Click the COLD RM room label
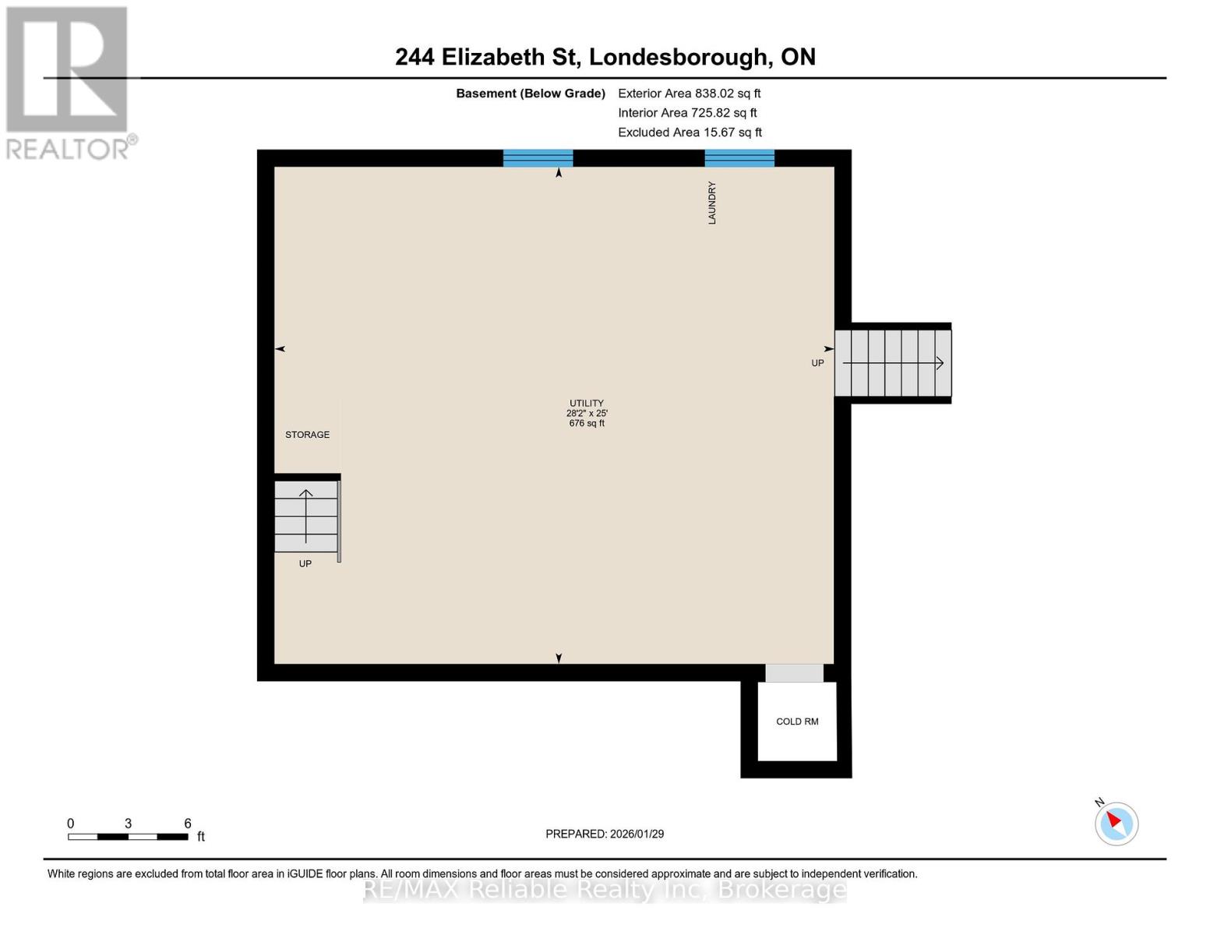pyautogui.click(x=797, y=722)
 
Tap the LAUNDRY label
pyautogui.click(x=711, y=203)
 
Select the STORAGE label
pyautogui.click(x=307, y=435)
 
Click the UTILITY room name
pyautogui.click(x=586, y=404)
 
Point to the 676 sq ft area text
pyautogui.click(x=586, y=424)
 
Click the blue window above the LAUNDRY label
pyautogui.click(x=739, y=158)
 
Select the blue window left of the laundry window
pyautogui.click(x=538, y=158)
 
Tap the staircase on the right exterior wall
pyautogui.click(x=893, y=363)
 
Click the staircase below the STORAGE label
pyautogui.click(x=305, y=517)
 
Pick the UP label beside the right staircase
pyautogui.click(x=817, y=363)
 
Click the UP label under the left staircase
pyautogui.click(x=305, y=564)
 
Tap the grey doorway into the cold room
pyautogui.click(x=794, y=673)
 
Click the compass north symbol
pyautogui.click(x=1117, y=823)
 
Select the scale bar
pyautogui.click(x=128, y=837)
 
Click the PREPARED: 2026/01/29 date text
pyautogui.click(x=605, y=834)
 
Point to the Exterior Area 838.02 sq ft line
pyautogui.click(x=689, y=93)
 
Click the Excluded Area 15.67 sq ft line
pyautogui.click(x=690, y=132)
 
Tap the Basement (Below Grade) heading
pyautogui.click(x=531, y=93)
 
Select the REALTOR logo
pyautogui.click(x=69, y=82)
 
